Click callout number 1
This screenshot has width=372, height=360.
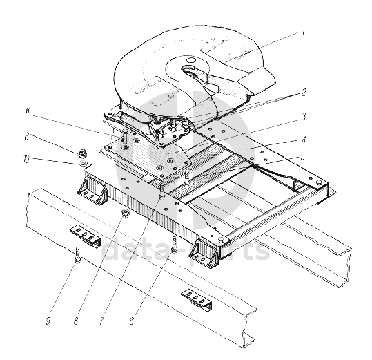303,32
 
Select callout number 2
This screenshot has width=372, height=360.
304,93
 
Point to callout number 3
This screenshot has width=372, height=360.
304,116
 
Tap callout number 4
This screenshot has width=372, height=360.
304,140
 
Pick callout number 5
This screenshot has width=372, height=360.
302,157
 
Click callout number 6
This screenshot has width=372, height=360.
132,321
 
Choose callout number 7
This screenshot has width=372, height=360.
101,321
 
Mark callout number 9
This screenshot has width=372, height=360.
48,321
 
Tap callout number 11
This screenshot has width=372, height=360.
28,113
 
